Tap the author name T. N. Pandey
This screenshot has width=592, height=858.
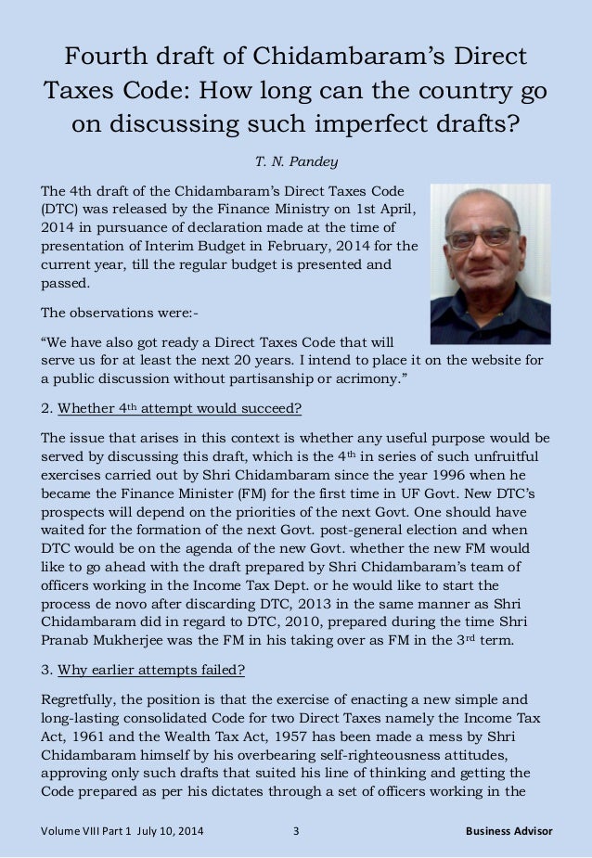click(x=295, y=162)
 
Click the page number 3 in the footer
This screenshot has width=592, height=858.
click(x=296, y=831)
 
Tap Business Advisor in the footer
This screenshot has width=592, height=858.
click(x=508, y=831)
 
